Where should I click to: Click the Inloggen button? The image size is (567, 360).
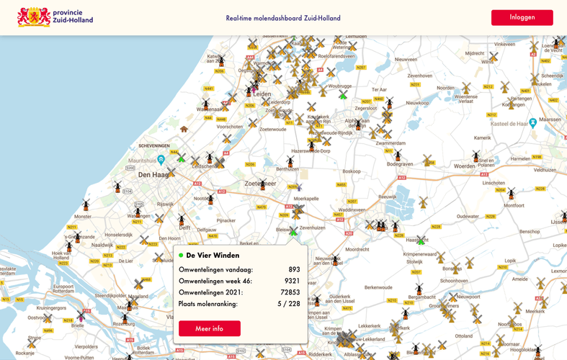coord(522,17)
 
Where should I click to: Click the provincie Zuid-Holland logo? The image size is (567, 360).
coord(55,17)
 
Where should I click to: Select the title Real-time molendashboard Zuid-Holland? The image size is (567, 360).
coord(283,19)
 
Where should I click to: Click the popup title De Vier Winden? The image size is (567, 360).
coord(213,255)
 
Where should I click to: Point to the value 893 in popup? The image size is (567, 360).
coord(294,269)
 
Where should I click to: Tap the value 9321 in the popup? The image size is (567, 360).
coord(292,281)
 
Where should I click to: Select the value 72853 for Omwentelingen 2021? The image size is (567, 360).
coord(290,292)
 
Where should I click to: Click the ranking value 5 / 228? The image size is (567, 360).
coord(289,304)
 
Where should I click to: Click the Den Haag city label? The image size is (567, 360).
coord(153,175)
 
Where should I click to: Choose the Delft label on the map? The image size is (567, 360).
coord(184,228)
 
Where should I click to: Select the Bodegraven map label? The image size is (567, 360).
coord(400,164)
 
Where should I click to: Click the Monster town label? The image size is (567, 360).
coord(83,216)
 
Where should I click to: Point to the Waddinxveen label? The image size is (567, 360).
coord(351,210)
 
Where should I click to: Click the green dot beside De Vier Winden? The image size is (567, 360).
coord(181,255)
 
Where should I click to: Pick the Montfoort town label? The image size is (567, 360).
coord(514,205)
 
